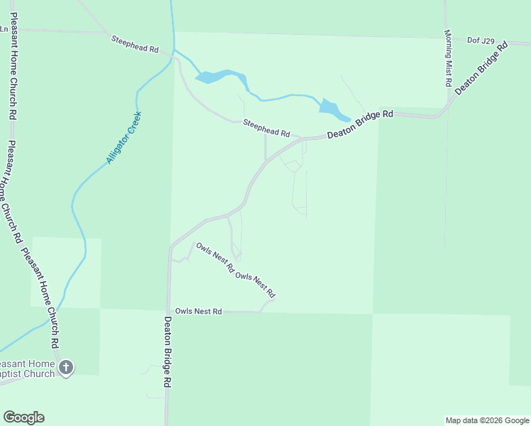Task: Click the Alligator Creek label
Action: pyautogui.click(x=124, y=138)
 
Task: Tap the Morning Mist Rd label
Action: pyautogui.click(x=449, y=58)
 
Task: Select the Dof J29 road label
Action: pyautogui.click(x=481, y=40)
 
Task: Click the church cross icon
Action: pyautogui.click(x=66, y=367)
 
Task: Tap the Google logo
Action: pyautogui.click(x=23, y=417)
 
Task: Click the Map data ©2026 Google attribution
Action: pyautogui.click(x=486, y=420)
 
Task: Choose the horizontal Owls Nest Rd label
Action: pyautogui.click(x=199, y=312)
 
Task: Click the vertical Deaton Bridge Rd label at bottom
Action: pyautogui.click(x=168, y=351)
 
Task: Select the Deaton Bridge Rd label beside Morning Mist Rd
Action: pyautogui.click(x=483, y=68)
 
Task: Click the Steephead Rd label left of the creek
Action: pyautogui.click(x=134, y=44)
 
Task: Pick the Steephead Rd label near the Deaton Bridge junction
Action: pyautogui.click(x=267, y=128)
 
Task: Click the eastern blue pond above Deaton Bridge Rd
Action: pyautogui.click(x=332, y=109)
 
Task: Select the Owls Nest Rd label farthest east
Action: pyautogui.click(x=256, y=285)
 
